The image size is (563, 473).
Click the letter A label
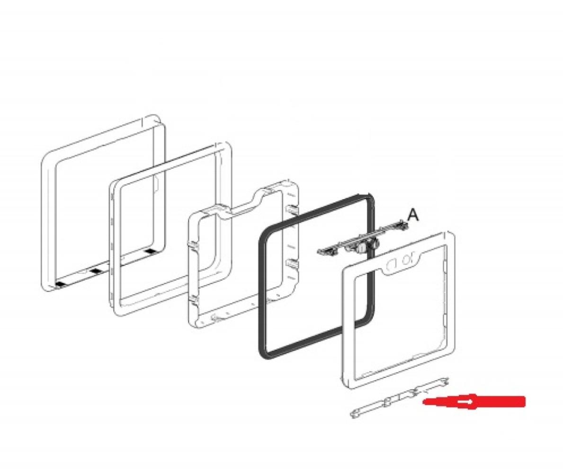(x=413, y=215)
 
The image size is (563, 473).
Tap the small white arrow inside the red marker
(x=465, y=403)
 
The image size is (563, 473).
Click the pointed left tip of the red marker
(x=424, y=402)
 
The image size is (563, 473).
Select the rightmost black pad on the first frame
(x=151, y=251)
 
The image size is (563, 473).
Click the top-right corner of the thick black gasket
(x=369, y=197)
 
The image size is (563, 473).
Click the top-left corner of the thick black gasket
(x=265, y=233)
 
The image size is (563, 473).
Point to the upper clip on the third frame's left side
(x=193, y=245)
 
